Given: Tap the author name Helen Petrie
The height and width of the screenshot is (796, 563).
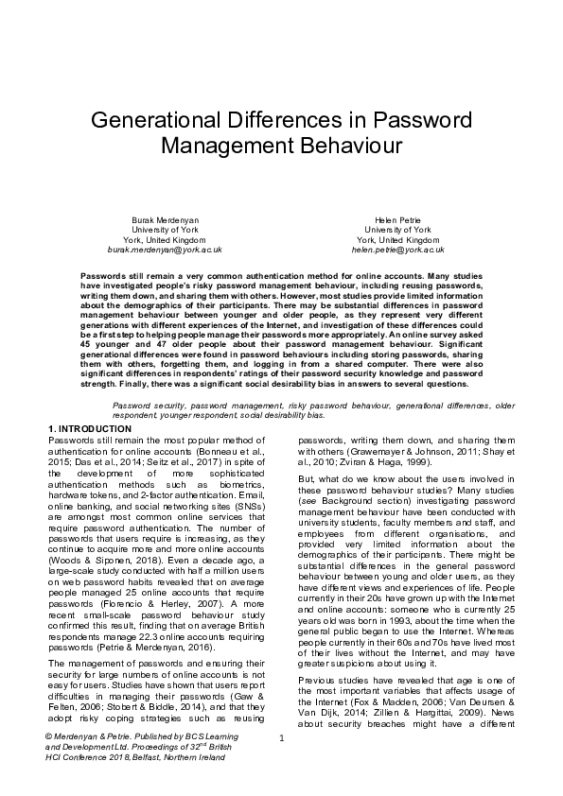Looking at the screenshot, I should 397,219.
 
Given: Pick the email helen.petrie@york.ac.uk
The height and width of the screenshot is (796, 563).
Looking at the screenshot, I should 397,250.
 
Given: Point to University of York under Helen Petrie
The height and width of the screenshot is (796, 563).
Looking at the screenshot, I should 397,230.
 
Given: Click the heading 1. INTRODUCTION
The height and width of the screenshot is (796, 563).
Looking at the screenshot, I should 90,428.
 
